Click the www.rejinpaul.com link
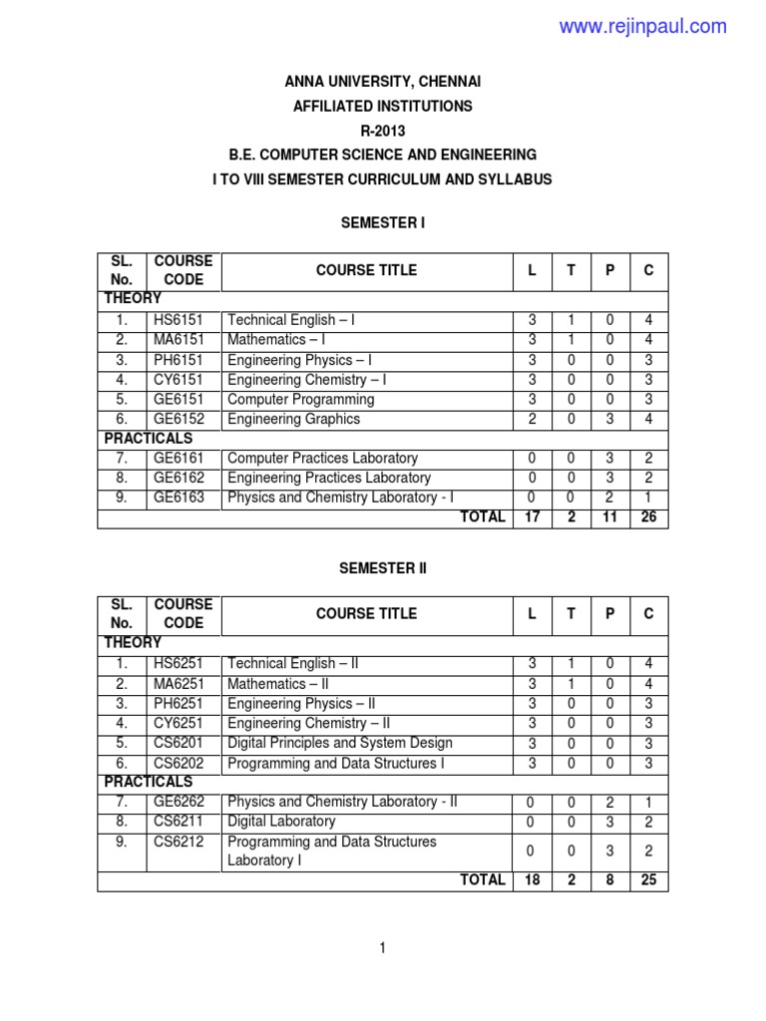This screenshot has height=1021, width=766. click(642, 27)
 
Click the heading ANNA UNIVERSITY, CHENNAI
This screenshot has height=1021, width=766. click(382, 81)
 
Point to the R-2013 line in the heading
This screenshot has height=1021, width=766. click(382, 130)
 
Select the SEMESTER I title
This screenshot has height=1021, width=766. click(382, 222)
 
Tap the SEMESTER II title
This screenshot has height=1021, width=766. click(382, 567)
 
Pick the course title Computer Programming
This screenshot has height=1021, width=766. click(301, 399)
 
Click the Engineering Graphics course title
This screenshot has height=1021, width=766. click(294, 419)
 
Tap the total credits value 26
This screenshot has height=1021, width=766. click(648, 517)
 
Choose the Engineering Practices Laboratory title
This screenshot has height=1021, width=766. click(329, 478)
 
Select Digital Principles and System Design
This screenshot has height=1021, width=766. click(340, 743)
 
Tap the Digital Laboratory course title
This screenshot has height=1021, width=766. click(281, 822)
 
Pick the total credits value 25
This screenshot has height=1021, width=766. click(648, 880)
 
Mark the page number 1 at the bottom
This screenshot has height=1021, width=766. click(382, 949)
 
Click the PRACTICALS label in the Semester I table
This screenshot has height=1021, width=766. click(149, 438)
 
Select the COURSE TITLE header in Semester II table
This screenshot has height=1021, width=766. click(366, 613)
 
